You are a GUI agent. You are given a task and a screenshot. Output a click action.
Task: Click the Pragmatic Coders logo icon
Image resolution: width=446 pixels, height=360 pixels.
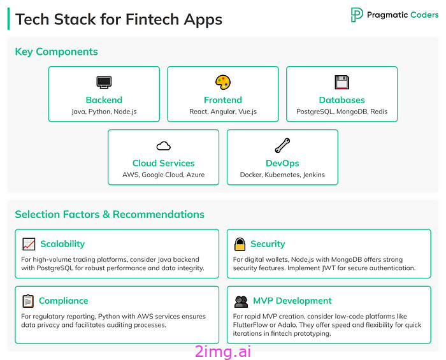click(357, 15)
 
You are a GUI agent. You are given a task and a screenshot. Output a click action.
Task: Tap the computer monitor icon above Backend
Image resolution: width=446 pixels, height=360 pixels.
click(104, 82)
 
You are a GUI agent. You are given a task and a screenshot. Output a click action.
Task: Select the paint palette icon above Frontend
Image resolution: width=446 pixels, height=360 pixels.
click(223, 82)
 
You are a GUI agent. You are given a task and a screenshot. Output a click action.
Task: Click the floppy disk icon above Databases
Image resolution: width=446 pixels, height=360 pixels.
click(342, 82)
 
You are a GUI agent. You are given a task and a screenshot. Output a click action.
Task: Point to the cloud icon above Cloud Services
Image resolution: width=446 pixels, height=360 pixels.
click(164, 146)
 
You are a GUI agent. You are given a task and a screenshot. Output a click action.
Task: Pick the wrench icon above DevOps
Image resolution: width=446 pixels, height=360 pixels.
click(282, 145)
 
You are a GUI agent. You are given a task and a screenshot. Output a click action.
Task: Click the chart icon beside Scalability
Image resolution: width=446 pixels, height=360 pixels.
click(29, 244)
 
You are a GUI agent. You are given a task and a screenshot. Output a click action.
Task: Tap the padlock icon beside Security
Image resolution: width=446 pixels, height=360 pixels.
click(240, 244)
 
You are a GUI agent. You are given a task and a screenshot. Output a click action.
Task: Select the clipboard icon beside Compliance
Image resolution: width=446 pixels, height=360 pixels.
click(28, 301)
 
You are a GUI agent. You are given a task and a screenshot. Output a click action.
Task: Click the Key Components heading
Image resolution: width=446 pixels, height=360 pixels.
click(56, 52)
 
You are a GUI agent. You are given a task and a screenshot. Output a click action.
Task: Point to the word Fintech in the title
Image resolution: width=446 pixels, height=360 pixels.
click(152, 19)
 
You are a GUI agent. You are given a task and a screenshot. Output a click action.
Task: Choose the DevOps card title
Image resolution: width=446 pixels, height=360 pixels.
click(282, 163)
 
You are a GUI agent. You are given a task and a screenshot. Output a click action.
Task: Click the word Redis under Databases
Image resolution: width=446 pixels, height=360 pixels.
click(379, 112)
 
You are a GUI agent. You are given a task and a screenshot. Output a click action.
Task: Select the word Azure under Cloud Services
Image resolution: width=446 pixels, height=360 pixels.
click(196, 175)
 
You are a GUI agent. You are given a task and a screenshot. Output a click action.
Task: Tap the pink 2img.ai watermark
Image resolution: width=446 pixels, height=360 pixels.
click(223, 352)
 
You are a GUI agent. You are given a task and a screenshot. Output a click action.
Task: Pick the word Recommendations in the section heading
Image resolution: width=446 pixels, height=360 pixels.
click(159, 215)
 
